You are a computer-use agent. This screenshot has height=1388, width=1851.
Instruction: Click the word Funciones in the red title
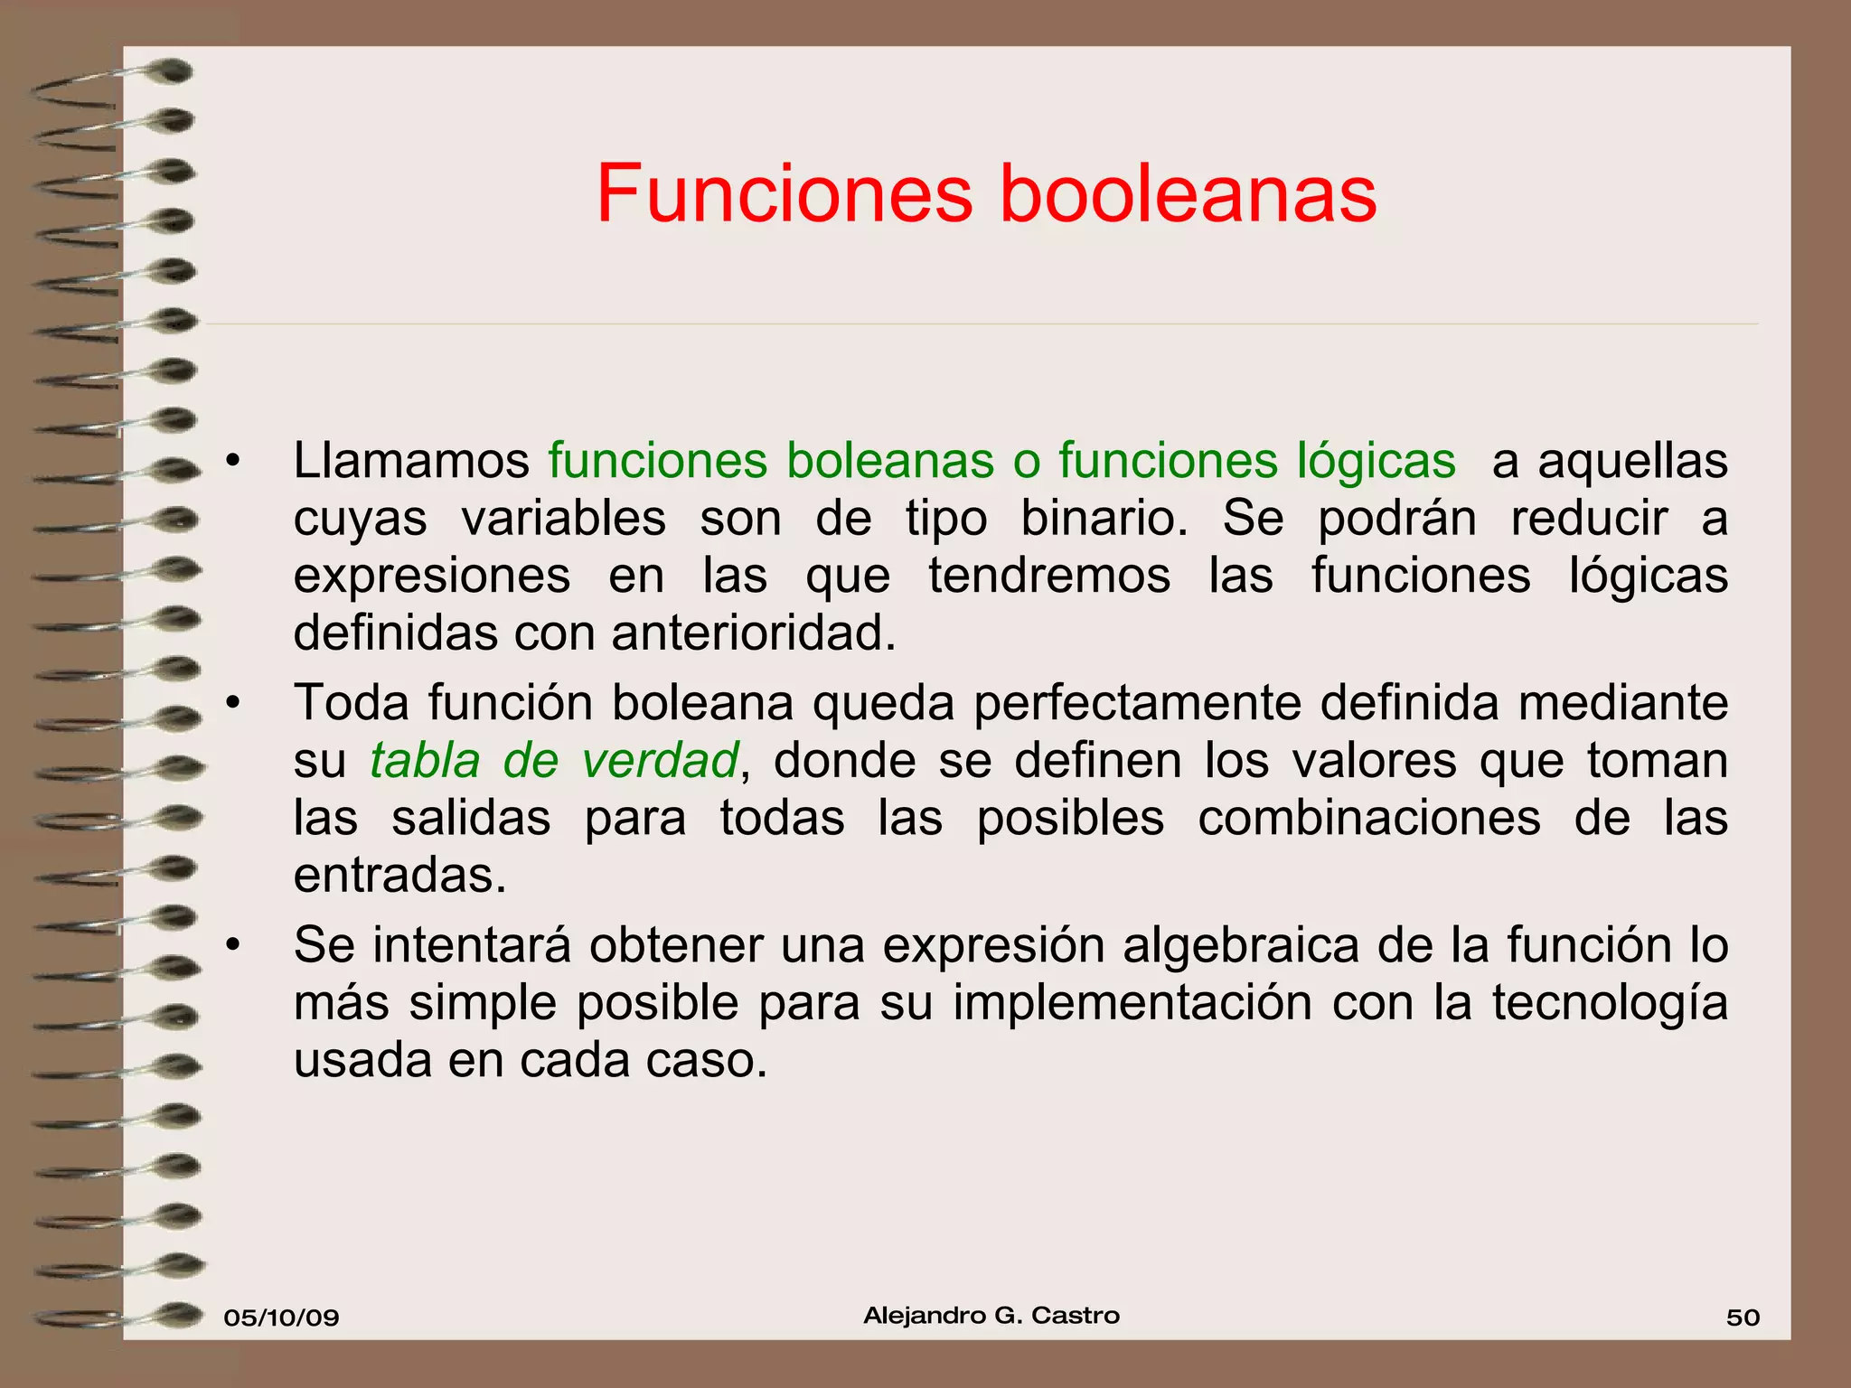click(x=784, y=194)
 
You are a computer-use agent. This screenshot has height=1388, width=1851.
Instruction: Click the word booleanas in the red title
click(x=1188, y=194)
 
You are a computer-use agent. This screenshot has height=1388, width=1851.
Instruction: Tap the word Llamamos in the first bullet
click(x=411, y=461)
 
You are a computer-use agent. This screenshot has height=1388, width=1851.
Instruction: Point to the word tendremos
click(x=1049, y=576)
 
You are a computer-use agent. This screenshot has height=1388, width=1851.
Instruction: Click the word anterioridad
click(x=754, y=633)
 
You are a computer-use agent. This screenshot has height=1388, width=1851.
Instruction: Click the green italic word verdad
click(x=661, y=761)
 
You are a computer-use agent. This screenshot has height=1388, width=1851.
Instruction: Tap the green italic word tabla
click(x=425, y=761)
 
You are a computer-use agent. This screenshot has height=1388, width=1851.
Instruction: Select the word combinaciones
click(x=1369, y=819)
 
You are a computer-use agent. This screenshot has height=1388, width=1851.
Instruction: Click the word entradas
click(x=399, y=876)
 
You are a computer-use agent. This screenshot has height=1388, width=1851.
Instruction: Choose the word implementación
click(x=1132, y=1004)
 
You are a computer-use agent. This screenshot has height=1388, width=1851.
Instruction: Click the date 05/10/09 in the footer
click(x=281, y=1318)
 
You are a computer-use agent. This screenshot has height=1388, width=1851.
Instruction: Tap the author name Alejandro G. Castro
click(x=991, y=1316)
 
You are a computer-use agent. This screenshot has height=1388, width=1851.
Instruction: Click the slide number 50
click(x=1743, y=1318)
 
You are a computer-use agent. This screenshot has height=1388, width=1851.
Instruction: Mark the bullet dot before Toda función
click(x=234, y=703)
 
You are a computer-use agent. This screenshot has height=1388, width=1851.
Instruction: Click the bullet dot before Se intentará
click(x=234, y=946)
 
